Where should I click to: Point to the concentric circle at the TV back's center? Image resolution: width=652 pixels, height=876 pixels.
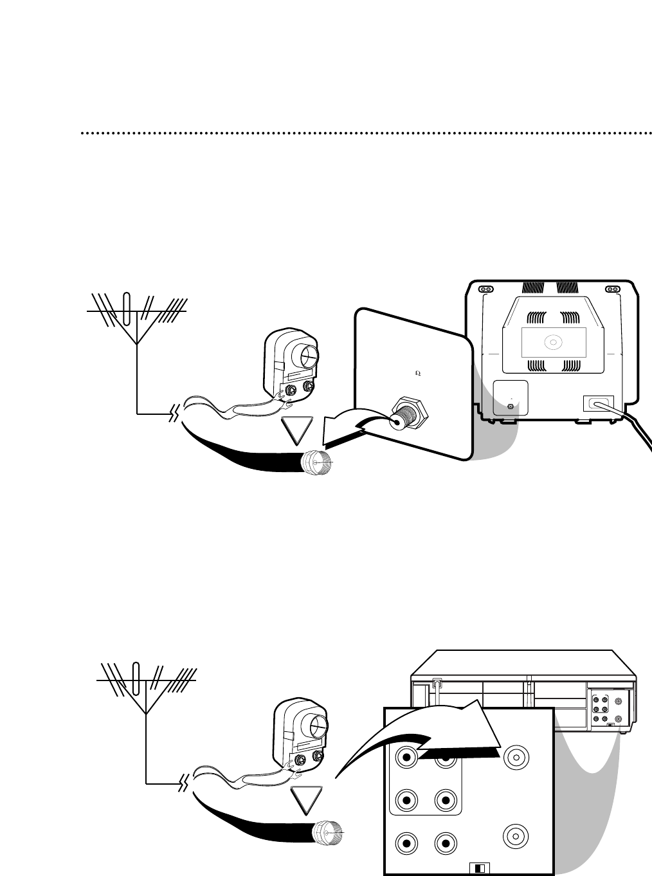(x=552, y=342)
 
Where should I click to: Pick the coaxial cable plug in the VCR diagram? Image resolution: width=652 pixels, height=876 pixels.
(x=327, y=835)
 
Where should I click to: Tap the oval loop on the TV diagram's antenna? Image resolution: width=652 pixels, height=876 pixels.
(x=127, y=311)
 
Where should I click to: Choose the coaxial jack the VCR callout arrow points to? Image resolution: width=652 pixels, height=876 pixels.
(x=516, y=758)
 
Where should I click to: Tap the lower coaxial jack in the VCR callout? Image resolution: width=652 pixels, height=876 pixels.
(x=516, y=836)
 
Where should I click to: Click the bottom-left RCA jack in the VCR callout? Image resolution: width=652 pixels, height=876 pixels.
(x=406, y=843)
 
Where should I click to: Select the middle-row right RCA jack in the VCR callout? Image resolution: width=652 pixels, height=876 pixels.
(x=445, y=801)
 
